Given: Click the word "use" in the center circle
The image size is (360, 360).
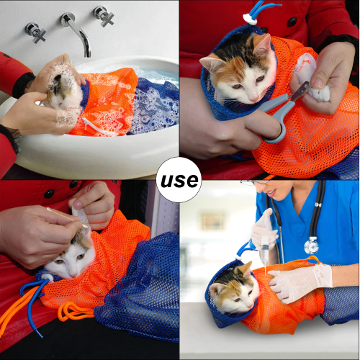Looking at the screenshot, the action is (179, 180).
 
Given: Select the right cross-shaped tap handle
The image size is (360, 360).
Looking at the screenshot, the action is (104, 16).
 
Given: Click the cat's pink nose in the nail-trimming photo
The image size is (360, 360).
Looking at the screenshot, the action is (254, 99).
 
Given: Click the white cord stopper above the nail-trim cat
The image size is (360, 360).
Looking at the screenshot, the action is (250, 19).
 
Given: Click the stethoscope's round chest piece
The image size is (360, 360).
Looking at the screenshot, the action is (311, 246).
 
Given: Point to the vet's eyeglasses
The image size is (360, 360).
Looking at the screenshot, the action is (253, 183).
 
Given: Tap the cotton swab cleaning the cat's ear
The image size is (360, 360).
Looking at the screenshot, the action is (67, 217).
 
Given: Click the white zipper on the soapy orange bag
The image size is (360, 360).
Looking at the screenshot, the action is (92, 125).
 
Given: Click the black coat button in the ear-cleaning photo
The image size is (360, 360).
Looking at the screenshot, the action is (49, 194).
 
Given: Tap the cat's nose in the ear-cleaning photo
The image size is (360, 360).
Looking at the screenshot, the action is (73, 274).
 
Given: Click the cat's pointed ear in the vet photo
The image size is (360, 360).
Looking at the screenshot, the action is (247, 269).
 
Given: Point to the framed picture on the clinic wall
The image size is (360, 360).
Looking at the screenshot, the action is (212, 221).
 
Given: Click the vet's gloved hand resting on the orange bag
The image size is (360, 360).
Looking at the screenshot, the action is (301, 283).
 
